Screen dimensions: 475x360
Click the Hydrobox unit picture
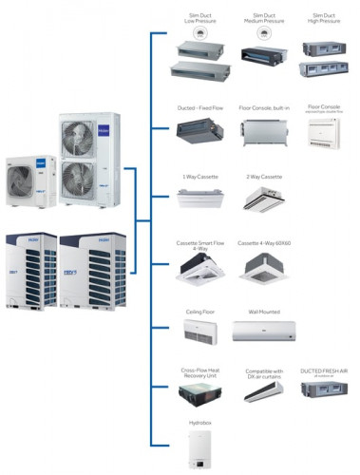(199, 449)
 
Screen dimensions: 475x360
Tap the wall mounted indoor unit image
(264, 331)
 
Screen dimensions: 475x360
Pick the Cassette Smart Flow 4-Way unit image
(199, 269)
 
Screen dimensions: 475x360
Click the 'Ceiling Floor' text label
(199, 310)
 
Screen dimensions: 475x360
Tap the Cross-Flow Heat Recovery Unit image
(199, 391)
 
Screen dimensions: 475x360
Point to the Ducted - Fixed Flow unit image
(199, 135)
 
